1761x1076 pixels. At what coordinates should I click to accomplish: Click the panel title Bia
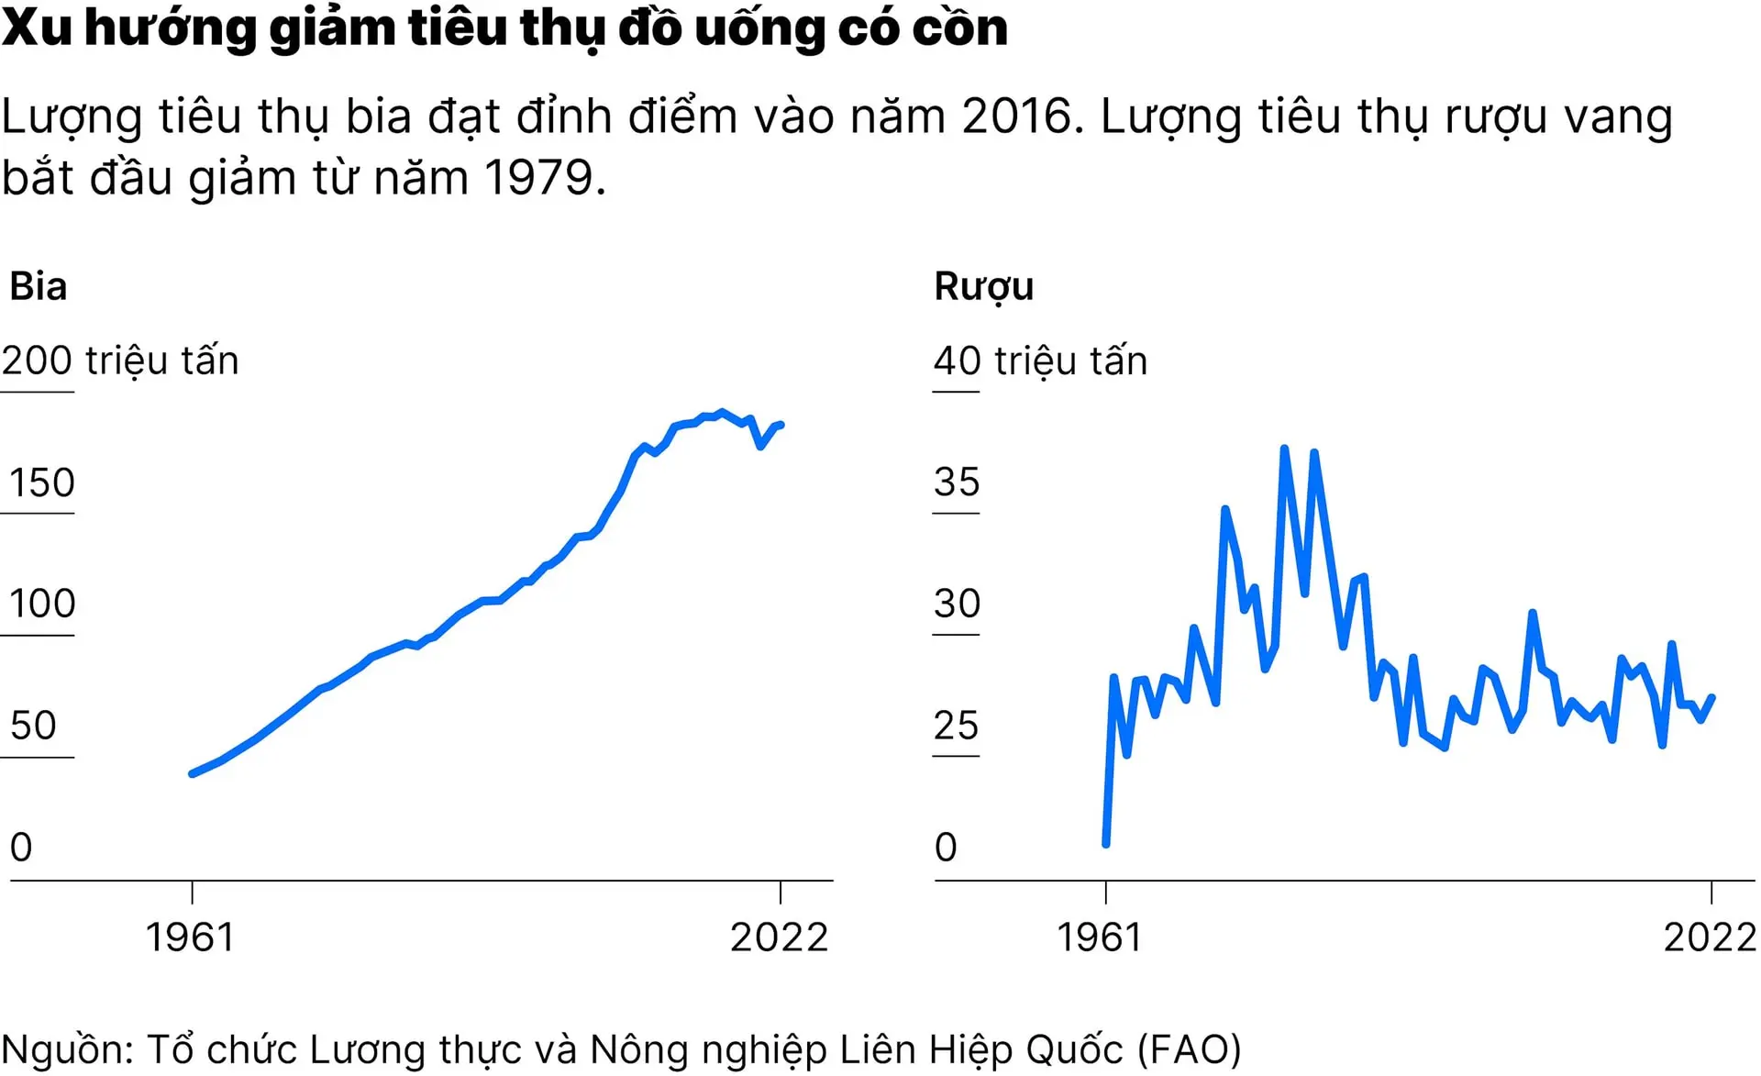[38, 286]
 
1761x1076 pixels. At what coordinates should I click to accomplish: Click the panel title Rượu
[983, 286]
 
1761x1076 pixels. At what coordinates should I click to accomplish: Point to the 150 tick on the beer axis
[41, 483]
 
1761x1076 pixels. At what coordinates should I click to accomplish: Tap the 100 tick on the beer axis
[41, 604]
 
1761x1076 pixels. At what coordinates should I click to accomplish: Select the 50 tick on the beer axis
[33, 726]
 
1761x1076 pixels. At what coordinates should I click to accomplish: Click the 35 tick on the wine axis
[957, 483]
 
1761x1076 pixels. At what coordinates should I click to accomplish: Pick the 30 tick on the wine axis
[957, 604]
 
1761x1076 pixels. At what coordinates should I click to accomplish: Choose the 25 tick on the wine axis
[957, 726]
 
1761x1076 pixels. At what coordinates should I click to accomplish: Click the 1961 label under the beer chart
[191, 937]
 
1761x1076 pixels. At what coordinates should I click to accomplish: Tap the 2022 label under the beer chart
[780, 937]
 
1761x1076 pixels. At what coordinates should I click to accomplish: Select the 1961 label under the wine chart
[1100, 937]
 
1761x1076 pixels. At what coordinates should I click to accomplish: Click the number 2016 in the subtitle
[1016, 116]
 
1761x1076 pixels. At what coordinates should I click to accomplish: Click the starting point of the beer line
[193, 773]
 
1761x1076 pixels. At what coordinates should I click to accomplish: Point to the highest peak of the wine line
[1284, 449]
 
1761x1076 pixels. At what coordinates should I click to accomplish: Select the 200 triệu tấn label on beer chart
[120, 361]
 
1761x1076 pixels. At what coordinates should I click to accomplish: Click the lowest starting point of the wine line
[1106, 843]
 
